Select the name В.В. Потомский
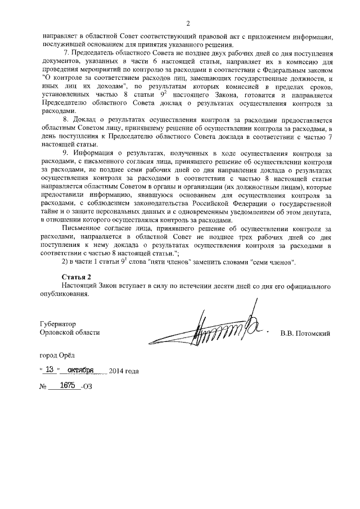click(x=305, y=333)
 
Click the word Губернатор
click(x=57, y=325)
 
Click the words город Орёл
click(x=56, y=355)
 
